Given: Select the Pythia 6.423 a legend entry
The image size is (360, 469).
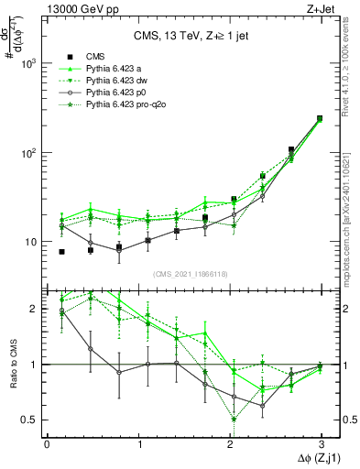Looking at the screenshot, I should [115, 68].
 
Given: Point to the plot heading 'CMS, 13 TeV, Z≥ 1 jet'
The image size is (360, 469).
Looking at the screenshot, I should [184, 37].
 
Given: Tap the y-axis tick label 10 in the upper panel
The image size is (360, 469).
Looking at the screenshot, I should [30, 242].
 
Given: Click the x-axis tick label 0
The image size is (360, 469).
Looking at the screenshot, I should [47, 443].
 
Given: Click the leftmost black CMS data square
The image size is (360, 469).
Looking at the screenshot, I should [61, 251].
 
